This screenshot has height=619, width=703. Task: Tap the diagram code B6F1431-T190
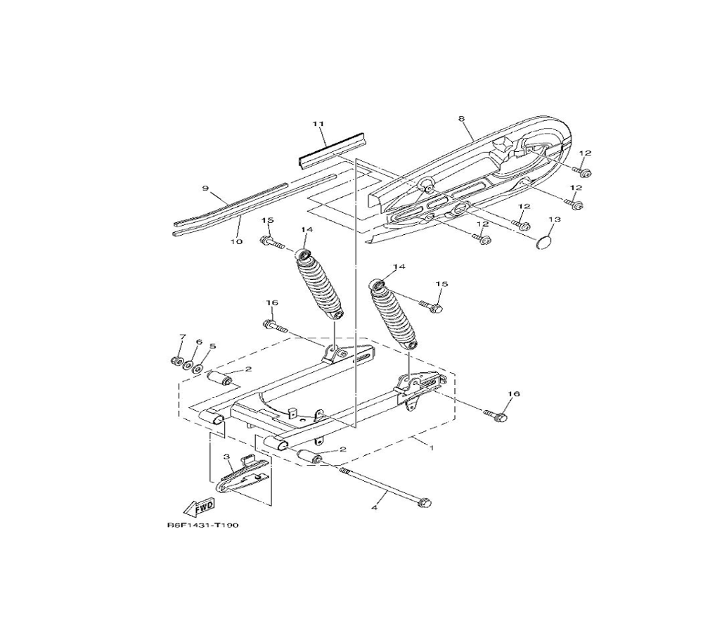pos(202,525)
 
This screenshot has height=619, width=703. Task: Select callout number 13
pos(555,219)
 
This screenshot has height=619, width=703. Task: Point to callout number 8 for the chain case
pos(461,119)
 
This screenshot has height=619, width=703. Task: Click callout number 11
pos(318,123)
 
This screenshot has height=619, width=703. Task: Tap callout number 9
pos(205,188)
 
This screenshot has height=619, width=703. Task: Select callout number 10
pos(236,242)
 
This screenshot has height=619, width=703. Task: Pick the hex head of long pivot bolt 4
pos(424,503)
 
